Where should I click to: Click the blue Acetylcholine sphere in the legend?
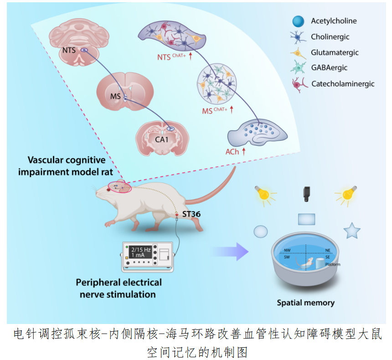tap(298, 21)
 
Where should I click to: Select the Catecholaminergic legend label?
tap(343, 84)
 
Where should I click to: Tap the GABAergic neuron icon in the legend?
tap(298, 67)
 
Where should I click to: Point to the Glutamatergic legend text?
tap(335, 52)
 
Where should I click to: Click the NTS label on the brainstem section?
tap(69, 51)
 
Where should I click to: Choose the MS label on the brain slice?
tap(115, 96)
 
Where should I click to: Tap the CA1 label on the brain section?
tap(161, 139)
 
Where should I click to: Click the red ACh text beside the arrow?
tap(232, 152)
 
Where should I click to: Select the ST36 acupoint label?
tap(191, 214)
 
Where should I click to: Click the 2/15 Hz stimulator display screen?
tap(140, 252)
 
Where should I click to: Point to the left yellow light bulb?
tap(263, 194)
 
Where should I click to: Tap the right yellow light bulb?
tap(348, 194)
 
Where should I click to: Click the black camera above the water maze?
tap(306, 194)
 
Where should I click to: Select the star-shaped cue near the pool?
tap(352, 231)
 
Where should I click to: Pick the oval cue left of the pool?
tap(261, 231)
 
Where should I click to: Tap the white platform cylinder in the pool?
tap(320, 263)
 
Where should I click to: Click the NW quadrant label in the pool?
tap(287, 250)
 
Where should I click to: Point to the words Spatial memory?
tap(305, 303)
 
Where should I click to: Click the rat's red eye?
tap(108, 190)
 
